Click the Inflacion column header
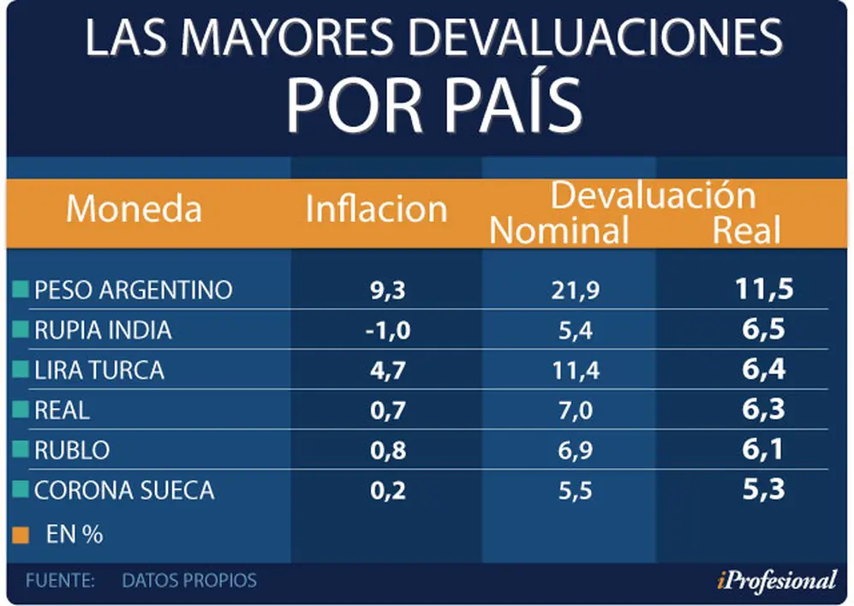pos(376,209)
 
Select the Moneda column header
pos(134,209)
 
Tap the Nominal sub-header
pos(559,230)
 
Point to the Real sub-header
pos(747,230)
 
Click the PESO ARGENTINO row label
pos(134,290)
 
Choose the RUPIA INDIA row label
pos(103,330)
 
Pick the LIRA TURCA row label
pos(99,370)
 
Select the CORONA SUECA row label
pos(124,490)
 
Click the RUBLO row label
pos(72,450)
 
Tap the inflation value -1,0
pos(388,331)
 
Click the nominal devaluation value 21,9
pos(575,290)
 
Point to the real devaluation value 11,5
pos(764,288)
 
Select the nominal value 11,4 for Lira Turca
pos(576,371)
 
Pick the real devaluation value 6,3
pos(763,409)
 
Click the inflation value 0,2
pos(388,491)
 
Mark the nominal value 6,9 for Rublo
pos(575,451)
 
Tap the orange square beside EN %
pos(21,535)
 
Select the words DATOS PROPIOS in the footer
pos(189,580)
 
